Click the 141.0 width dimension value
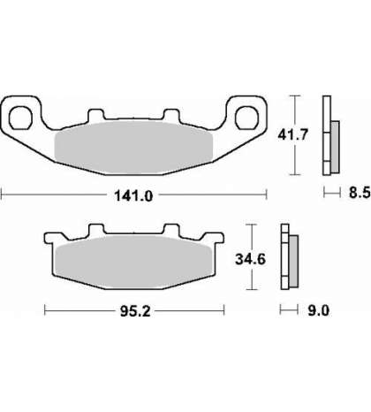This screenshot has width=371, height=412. coord(133,195)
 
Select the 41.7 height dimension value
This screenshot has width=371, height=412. coord(292,135)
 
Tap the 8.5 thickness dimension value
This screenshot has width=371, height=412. coord(360,193)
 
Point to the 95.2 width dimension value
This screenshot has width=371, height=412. coord(135,311)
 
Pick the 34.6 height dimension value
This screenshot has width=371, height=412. coord(250,259)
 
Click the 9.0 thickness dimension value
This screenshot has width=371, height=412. coord(318,310)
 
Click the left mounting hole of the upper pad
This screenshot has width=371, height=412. coord(20,118)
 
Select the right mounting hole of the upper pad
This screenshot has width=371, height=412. coord(246,118)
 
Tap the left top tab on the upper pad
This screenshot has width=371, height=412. coord(96,115)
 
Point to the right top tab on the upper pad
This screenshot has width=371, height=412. coord(171,115)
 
